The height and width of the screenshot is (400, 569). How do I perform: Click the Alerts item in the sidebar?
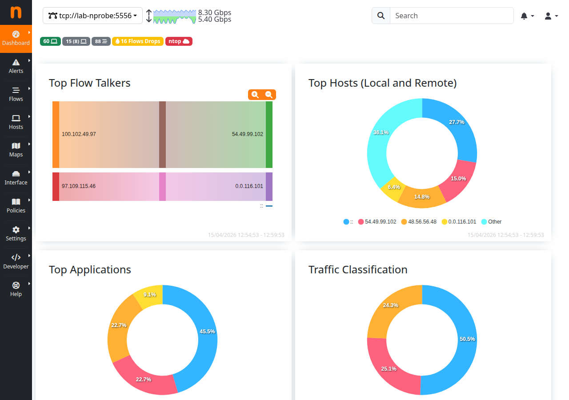pyautogui.click(x=16, y=66)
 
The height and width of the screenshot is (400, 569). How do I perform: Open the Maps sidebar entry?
pyautogui.click(x=16, y=150)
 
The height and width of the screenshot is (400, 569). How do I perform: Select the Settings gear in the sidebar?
pyautogui.click(x=16, y=234)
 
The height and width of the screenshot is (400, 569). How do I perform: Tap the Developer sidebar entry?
pyautogui.click(x=16, y=262)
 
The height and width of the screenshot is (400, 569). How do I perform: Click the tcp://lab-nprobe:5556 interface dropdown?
pyautogui.click(x=92, y=16)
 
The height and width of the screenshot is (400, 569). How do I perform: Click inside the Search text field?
pyautogui.click(x=451, y=16)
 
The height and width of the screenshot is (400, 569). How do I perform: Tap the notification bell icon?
pyautogui.click(x=527, y=16)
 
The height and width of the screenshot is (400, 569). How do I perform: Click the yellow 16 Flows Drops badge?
pyautogui.click(x=138, y=41)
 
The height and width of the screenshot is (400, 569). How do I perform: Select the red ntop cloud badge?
pyautogui.click(x=179, y=41)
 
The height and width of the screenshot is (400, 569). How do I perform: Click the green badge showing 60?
pyautogui.click(x=50, y=41)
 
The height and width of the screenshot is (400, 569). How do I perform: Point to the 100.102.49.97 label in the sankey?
pyautogui.click(x=79, y=134)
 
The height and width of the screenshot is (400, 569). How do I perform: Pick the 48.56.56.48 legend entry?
pyautogui.click(x=419, y=222)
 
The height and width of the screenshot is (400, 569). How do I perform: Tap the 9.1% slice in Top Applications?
pyautogui.click(x=150, y=295)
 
